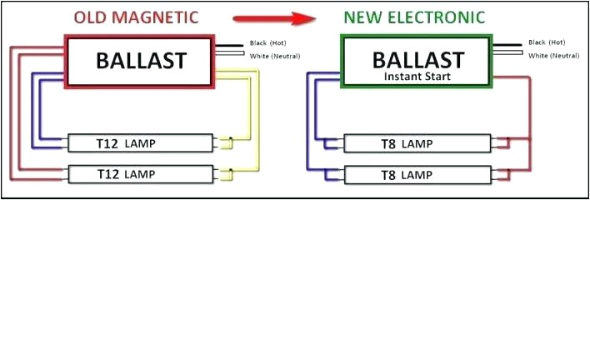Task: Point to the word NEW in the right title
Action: [364, 17]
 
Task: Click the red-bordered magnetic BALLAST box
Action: [140, 61]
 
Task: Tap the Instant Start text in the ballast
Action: [417, 76]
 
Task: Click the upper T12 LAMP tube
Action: [140, 143]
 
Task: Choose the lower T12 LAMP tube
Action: [140, 175]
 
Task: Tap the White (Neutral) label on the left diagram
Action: [275, 56]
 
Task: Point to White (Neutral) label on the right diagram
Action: [552, 56]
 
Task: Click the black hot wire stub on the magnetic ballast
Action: [228, 45]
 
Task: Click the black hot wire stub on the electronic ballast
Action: [507, 45]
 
